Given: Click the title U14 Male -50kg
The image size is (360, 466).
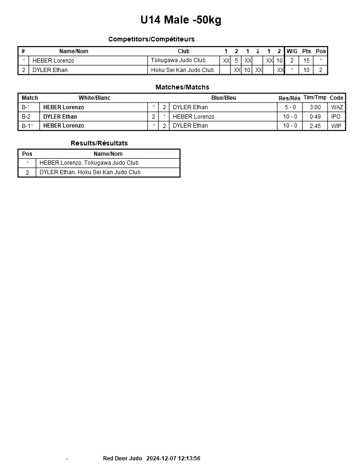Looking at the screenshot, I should (181, 20).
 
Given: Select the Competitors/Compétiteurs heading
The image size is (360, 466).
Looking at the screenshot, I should (151, 39).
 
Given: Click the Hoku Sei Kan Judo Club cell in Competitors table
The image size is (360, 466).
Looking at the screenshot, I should (182, 70).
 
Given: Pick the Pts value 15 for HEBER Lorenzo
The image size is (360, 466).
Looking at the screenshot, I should (306, 60).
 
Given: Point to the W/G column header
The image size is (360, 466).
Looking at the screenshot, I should (292, 51).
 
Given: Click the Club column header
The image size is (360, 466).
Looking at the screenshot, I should (184, 51).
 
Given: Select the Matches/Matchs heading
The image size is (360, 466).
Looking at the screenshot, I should (182, 87).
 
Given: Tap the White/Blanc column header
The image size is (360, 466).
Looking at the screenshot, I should (94, 98).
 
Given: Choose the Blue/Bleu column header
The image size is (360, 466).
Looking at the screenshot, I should (224, 98).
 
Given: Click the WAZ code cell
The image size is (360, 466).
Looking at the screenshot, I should (337, 107).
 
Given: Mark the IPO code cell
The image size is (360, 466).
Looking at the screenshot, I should (336, 116).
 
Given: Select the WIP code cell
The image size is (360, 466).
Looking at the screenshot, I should (336, 126).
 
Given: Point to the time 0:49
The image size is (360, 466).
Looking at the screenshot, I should (315, 116).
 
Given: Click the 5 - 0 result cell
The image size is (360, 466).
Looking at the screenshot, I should (290, 107).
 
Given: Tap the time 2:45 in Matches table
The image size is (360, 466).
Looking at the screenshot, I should (315, 126).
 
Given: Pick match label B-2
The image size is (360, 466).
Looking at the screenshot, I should (26, 116).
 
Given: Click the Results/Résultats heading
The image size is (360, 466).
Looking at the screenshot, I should (99, 143).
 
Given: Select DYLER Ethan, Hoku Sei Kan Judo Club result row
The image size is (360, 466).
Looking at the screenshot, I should (90, 172).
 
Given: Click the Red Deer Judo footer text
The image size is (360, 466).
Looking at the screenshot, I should (122, 458).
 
